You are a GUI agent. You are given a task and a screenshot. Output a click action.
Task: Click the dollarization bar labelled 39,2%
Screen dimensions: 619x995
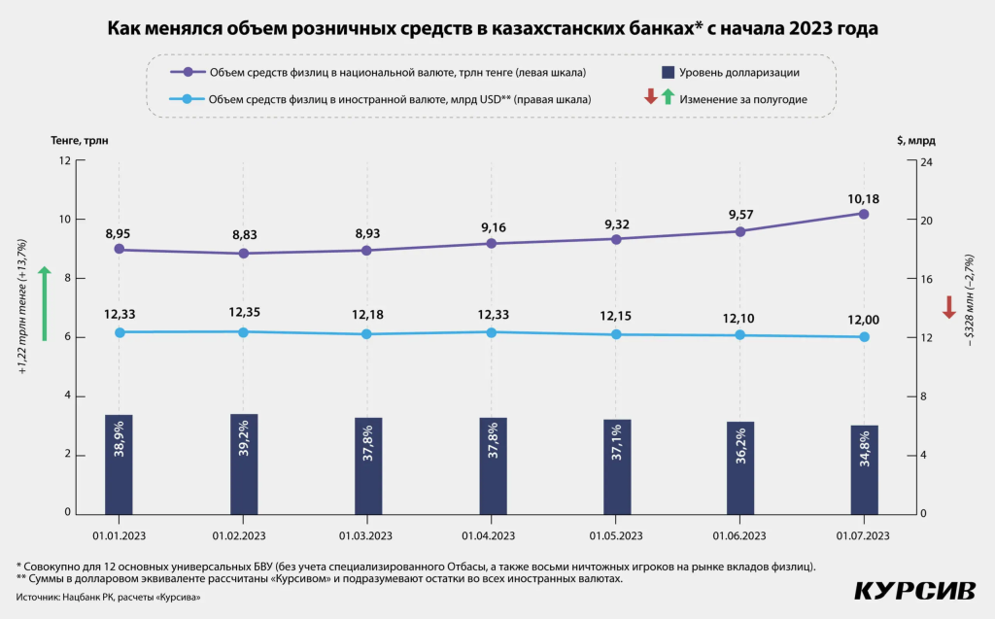pyautogui.click(x=244, y=464)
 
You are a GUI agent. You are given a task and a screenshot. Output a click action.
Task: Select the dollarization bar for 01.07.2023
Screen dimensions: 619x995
pyautogui.click(x=864, y=469)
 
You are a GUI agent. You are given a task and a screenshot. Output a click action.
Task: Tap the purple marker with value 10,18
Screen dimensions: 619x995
pyautogui.click(x=864, y=214)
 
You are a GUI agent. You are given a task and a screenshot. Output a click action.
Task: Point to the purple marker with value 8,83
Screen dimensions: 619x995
pyautogui.click(x=244, y=254)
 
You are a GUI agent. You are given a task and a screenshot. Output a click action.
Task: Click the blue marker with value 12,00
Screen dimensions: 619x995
pyautogui.click(x=864, y=337)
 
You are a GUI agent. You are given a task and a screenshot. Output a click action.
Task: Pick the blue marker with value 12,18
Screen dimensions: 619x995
pyautogui.click(x=367, y=334)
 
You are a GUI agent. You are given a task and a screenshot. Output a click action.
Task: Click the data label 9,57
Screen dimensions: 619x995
pyautogui.click(x=740, y=211)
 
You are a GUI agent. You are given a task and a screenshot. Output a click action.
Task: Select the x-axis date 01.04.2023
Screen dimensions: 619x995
pyautogui.click(x=492, y=535)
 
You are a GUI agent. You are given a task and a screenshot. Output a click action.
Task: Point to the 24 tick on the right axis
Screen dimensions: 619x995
pyautogui.click(x=926, y=161)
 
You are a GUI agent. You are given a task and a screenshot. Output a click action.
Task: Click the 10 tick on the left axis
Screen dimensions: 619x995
pyautogui.click(x=66, y=220)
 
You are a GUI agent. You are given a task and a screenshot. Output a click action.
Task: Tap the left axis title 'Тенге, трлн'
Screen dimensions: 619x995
pyautogui.click(x=80, y=140)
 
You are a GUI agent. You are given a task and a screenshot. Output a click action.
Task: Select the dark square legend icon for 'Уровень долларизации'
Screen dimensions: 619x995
pyautogui.click(x=669, y=73)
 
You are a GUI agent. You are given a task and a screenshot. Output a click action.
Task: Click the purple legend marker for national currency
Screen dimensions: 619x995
pyautogui.click(x=188, y=73)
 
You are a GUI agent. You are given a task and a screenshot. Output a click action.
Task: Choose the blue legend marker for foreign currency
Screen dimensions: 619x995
pyautogui.click(x=188, y=99)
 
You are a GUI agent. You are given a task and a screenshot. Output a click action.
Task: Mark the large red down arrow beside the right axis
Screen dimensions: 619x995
pyautogui.click(x=949, y=309)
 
